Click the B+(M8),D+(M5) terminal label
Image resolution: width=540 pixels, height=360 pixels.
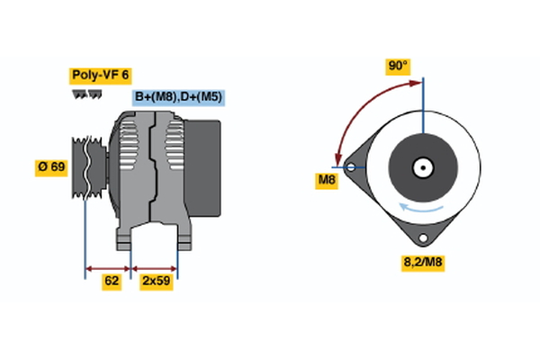point(178,97)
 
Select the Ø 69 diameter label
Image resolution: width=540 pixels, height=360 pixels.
point(52,167)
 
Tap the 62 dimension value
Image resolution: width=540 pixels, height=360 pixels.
point(112,281)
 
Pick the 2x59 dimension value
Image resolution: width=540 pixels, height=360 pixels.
point(157,281)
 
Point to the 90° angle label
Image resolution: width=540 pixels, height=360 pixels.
point(398,66)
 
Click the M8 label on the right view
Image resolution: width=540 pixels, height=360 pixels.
point(327,180)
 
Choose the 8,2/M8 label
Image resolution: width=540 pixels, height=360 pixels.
point(423,262)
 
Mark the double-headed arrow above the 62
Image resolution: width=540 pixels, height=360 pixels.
point(108,267)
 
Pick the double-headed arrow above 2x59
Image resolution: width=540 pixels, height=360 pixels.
point(155,267)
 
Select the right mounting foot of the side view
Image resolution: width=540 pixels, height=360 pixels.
point(183,238)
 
